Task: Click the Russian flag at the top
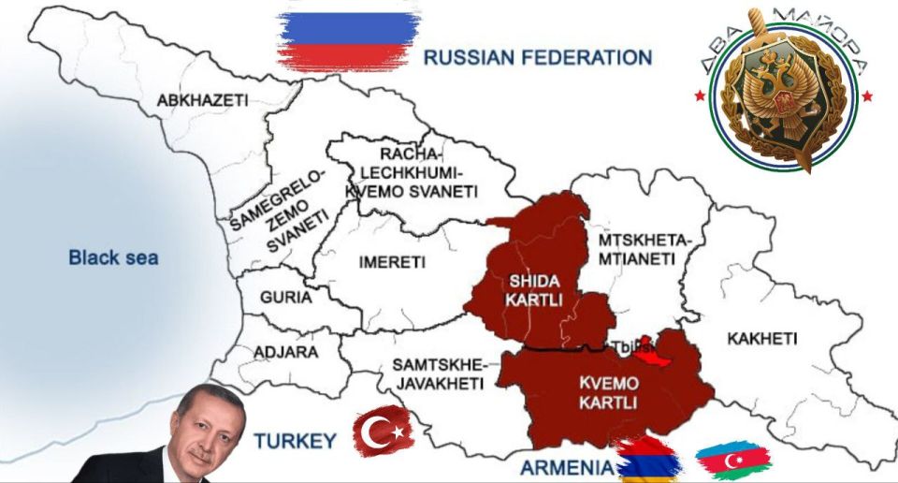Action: pos(349,39)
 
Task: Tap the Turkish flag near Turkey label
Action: pos(384,432)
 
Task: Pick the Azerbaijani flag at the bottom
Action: pos(732,460)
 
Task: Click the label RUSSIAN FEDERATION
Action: pos(537,57)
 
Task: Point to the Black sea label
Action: pos(113,257)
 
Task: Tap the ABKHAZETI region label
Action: pos(202,100)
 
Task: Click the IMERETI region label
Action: pos(392,262)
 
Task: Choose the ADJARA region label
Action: pos(285,352)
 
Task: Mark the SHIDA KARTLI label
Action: pos(535,290)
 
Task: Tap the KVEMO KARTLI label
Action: pos(608,393)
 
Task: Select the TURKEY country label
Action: pos(295,441)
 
